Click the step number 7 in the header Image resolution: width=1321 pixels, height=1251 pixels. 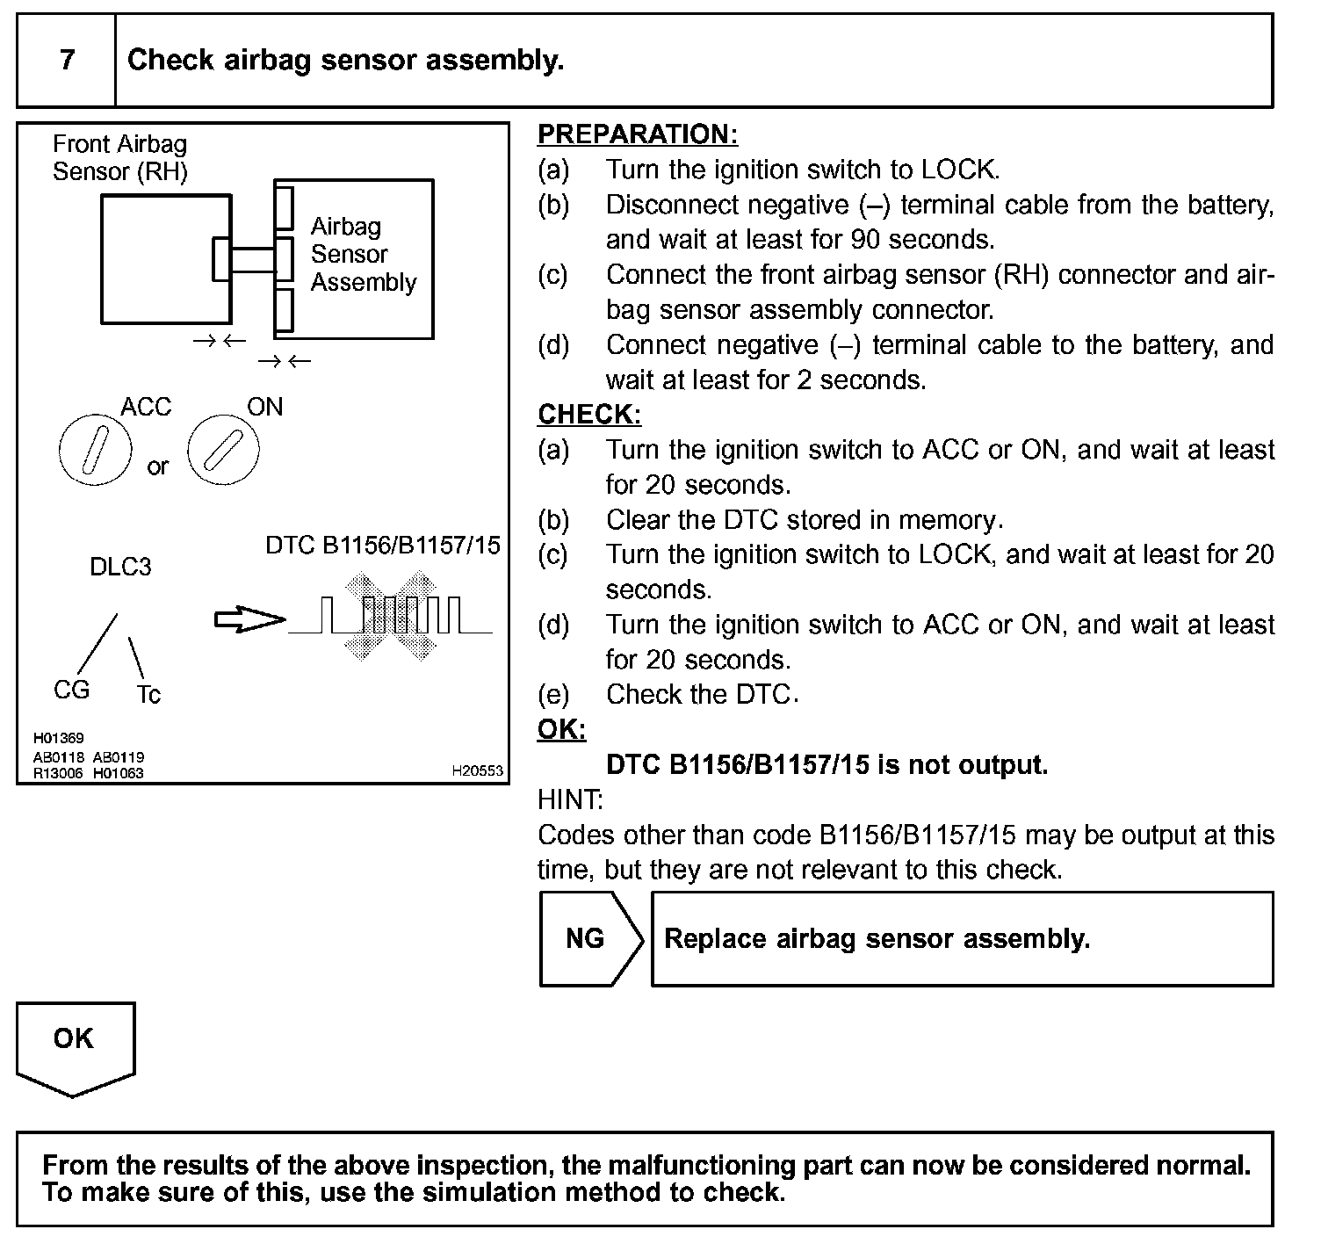[67, 60]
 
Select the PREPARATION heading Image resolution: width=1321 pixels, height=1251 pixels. [637, 134]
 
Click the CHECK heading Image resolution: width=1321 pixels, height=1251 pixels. [588, 415]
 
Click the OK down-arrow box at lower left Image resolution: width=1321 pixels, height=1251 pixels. [75, 1045]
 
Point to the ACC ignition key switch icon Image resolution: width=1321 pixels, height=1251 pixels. [95, 450]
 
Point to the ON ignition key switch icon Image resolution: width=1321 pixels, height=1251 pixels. [223, 450]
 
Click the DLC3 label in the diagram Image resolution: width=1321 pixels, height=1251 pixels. [120, 567]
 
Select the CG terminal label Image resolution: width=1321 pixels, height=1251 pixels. [71, 690]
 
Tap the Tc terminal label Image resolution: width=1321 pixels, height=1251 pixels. [148, 695]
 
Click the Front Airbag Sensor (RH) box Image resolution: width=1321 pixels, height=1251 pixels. [165, 259]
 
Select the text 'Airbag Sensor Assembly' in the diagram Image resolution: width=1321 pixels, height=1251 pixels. [362, 255]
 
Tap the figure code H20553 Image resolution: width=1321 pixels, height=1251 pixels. [477, 770]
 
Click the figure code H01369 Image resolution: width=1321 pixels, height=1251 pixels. [58, 739]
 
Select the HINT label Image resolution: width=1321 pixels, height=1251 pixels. [569, 799]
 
